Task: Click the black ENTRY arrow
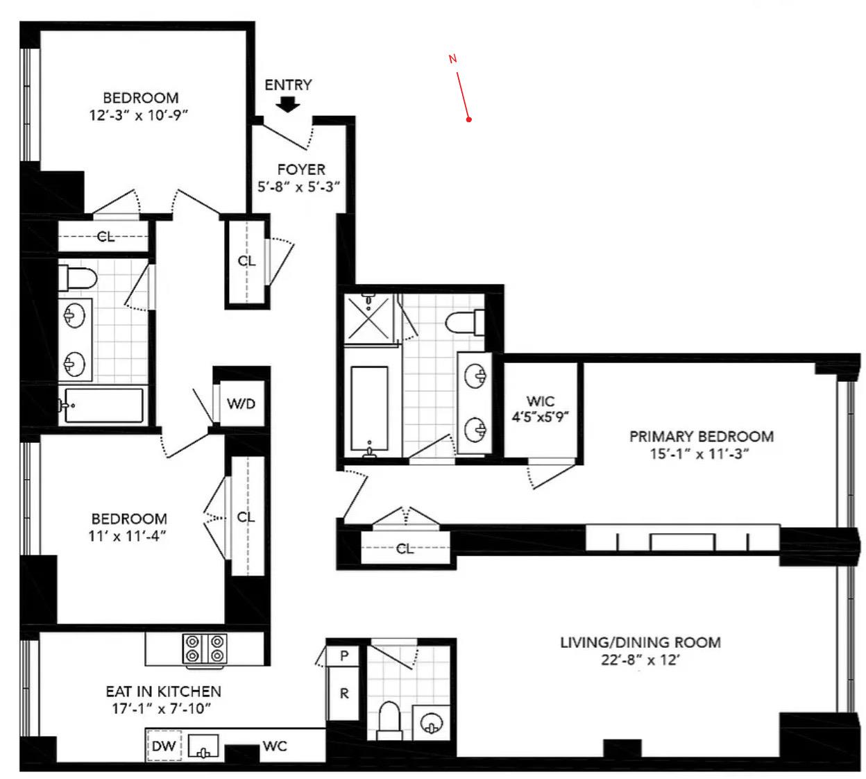point(287,104)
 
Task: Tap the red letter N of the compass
point(452,59)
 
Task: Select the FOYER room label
point(301,169)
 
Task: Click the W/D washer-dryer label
point(241,403)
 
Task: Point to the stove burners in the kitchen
point(205,648)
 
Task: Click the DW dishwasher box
point(164,746)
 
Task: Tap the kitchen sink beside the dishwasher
point(203,746)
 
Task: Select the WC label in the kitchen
point(275,746)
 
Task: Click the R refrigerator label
point(344,694)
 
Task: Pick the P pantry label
point(344,656)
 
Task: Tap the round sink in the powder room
point(432,723)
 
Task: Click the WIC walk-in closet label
point(540,401)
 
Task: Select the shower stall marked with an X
point(369,319)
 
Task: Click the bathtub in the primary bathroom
point(369,409)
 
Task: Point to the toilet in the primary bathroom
point(464,322)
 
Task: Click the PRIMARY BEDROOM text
point(702,437)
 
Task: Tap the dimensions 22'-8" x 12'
point(640,660)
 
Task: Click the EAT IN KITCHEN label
point(163,692)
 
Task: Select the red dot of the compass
point(469,119)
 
